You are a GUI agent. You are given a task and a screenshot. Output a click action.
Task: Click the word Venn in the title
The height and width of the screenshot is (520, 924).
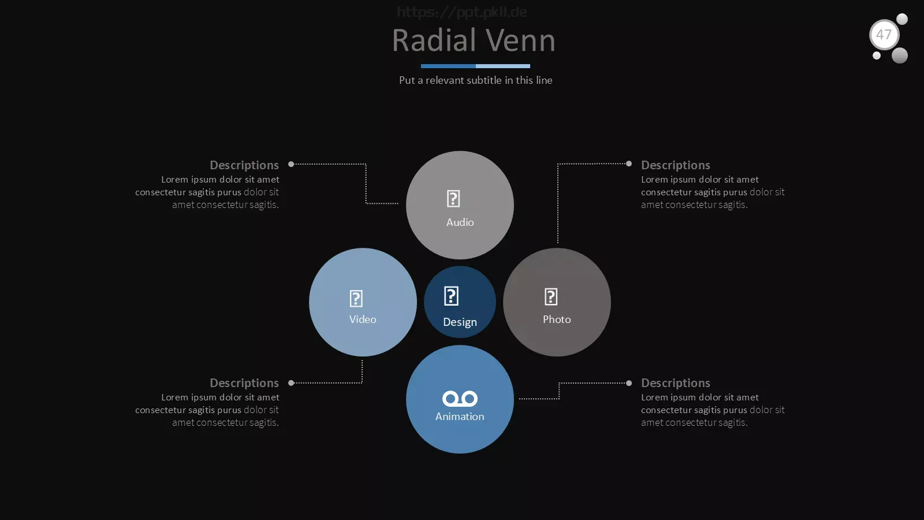520,40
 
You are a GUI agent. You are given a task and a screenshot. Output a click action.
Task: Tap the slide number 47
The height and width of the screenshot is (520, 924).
884,35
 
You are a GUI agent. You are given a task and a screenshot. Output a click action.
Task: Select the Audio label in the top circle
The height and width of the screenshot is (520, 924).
460,222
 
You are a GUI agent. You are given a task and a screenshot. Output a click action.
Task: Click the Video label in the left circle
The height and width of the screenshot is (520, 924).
363,320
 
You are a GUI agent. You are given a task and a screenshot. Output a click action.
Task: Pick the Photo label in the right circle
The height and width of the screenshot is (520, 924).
557,320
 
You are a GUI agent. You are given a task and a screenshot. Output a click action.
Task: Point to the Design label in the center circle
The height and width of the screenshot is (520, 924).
460,322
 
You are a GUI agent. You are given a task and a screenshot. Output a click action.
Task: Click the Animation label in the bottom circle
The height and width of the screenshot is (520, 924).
460,417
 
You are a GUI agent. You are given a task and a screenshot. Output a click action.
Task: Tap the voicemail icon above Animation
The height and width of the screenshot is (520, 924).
460,399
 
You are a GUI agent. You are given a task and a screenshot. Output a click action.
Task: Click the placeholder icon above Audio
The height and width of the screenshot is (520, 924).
453,199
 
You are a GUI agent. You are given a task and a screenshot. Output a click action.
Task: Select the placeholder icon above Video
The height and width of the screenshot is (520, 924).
356,298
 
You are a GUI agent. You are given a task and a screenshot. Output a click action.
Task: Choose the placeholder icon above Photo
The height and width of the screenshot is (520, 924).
551,297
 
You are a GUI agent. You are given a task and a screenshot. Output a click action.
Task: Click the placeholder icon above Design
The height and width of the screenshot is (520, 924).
451,296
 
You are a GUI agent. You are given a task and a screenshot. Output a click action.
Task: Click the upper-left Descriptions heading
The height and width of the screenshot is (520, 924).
244,165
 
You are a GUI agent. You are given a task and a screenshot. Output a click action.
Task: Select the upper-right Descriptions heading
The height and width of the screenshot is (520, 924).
676,165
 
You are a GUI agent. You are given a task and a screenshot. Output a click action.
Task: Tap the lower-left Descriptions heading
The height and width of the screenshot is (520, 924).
244,383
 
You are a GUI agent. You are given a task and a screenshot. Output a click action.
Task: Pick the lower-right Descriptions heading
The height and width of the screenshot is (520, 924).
676,383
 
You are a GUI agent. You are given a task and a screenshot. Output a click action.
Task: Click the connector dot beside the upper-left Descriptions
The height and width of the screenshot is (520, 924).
291,164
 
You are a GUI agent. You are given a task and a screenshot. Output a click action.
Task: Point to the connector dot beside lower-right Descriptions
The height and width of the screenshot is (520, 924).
629,383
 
